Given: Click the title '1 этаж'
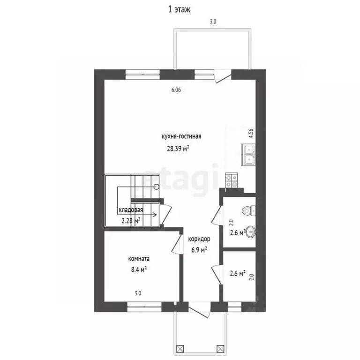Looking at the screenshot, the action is point(179,9).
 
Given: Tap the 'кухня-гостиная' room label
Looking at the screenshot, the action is point(181,136).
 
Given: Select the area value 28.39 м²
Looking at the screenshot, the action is point(178,149).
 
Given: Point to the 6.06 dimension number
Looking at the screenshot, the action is point(176,90).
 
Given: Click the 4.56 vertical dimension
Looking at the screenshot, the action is point(251,133).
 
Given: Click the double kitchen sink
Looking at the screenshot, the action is point(248,155).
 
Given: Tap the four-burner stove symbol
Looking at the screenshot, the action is point(232,180).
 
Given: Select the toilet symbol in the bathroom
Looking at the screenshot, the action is point(249,210).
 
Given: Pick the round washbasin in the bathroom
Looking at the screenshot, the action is point(251,232).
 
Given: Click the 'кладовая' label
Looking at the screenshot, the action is point(131,210).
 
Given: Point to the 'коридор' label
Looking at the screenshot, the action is point(199,239).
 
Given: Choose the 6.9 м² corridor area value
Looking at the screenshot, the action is point(199,249).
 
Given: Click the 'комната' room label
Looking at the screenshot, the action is point(139,259).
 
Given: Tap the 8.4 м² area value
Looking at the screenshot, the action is point(139,270).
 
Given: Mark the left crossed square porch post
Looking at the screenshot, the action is point(180,349).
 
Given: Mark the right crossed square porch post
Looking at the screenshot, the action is point(220,349).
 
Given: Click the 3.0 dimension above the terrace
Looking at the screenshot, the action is point(213,22).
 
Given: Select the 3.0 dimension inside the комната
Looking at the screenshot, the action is point(138,293).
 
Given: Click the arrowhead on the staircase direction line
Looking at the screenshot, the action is point(155,215).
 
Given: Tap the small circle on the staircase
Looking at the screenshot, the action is point(157,187).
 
